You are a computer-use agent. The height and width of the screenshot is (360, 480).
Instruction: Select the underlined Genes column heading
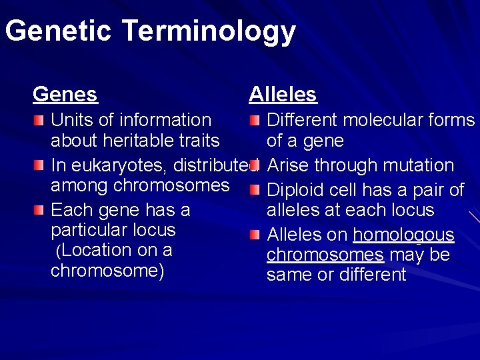pos(65,95)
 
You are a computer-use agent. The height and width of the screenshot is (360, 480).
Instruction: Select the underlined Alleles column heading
pos(283,95)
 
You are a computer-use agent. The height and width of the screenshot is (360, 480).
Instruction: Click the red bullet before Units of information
pos(41,120)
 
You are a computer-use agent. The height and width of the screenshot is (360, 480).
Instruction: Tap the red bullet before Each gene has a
pos(41,211)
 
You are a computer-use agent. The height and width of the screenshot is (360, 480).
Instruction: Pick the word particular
pos(89,230)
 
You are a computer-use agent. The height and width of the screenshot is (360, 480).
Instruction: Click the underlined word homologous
pos(403,235)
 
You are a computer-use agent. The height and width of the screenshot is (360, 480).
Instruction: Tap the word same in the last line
pos(291,275)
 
